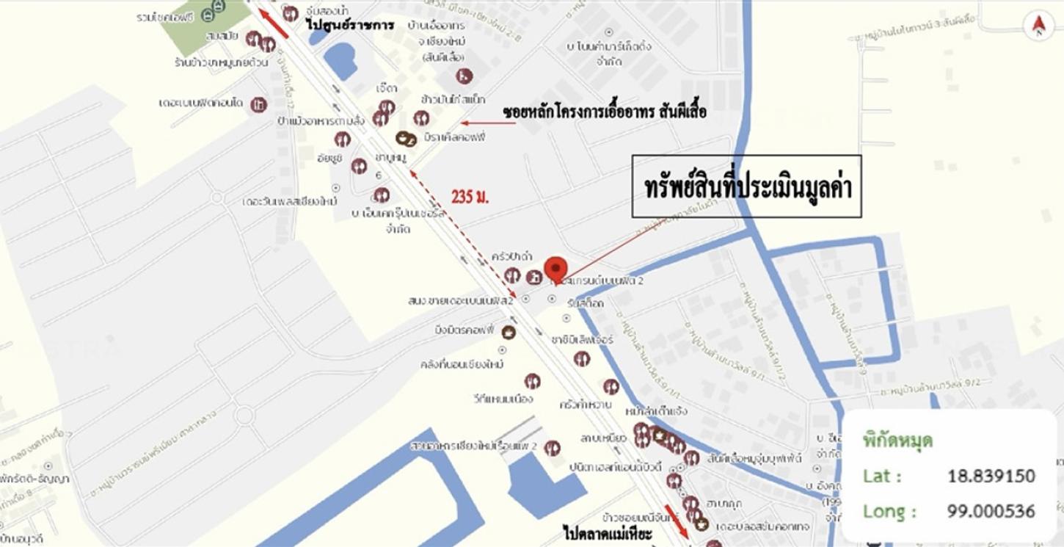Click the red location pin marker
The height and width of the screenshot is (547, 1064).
click(x=556, y=268)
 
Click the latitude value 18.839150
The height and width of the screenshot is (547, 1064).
click(x=991, y=476)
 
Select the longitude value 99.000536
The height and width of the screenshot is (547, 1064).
click(x=991, y=511)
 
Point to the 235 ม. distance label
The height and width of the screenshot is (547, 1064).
click(x=470, y=197)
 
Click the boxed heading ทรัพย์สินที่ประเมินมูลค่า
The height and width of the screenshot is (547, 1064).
click(x=746, y=186)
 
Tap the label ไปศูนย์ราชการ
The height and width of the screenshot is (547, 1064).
click(x=350, y=25)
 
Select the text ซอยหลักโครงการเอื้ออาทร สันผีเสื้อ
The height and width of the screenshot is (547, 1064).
click(x=605, y=113)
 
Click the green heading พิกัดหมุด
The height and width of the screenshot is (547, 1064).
click(x=897, y=441)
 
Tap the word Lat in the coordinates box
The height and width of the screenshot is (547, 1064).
click(x=881, y=476)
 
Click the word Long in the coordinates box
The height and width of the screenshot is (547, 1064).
click(x=889, y=511)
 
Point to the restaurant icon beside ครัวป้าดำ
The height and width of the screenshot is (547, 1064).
click(x=512, y=275)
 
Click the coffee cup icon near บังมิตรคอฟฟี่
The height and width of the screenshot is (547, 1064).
click(x=508, y=333)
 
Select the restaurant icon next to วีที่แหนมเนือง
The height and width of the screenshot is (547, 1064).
click(x=533, y=381)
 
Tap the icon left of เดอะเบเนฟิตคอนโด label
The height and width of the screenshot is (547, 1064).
click(x=258, y=105)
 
